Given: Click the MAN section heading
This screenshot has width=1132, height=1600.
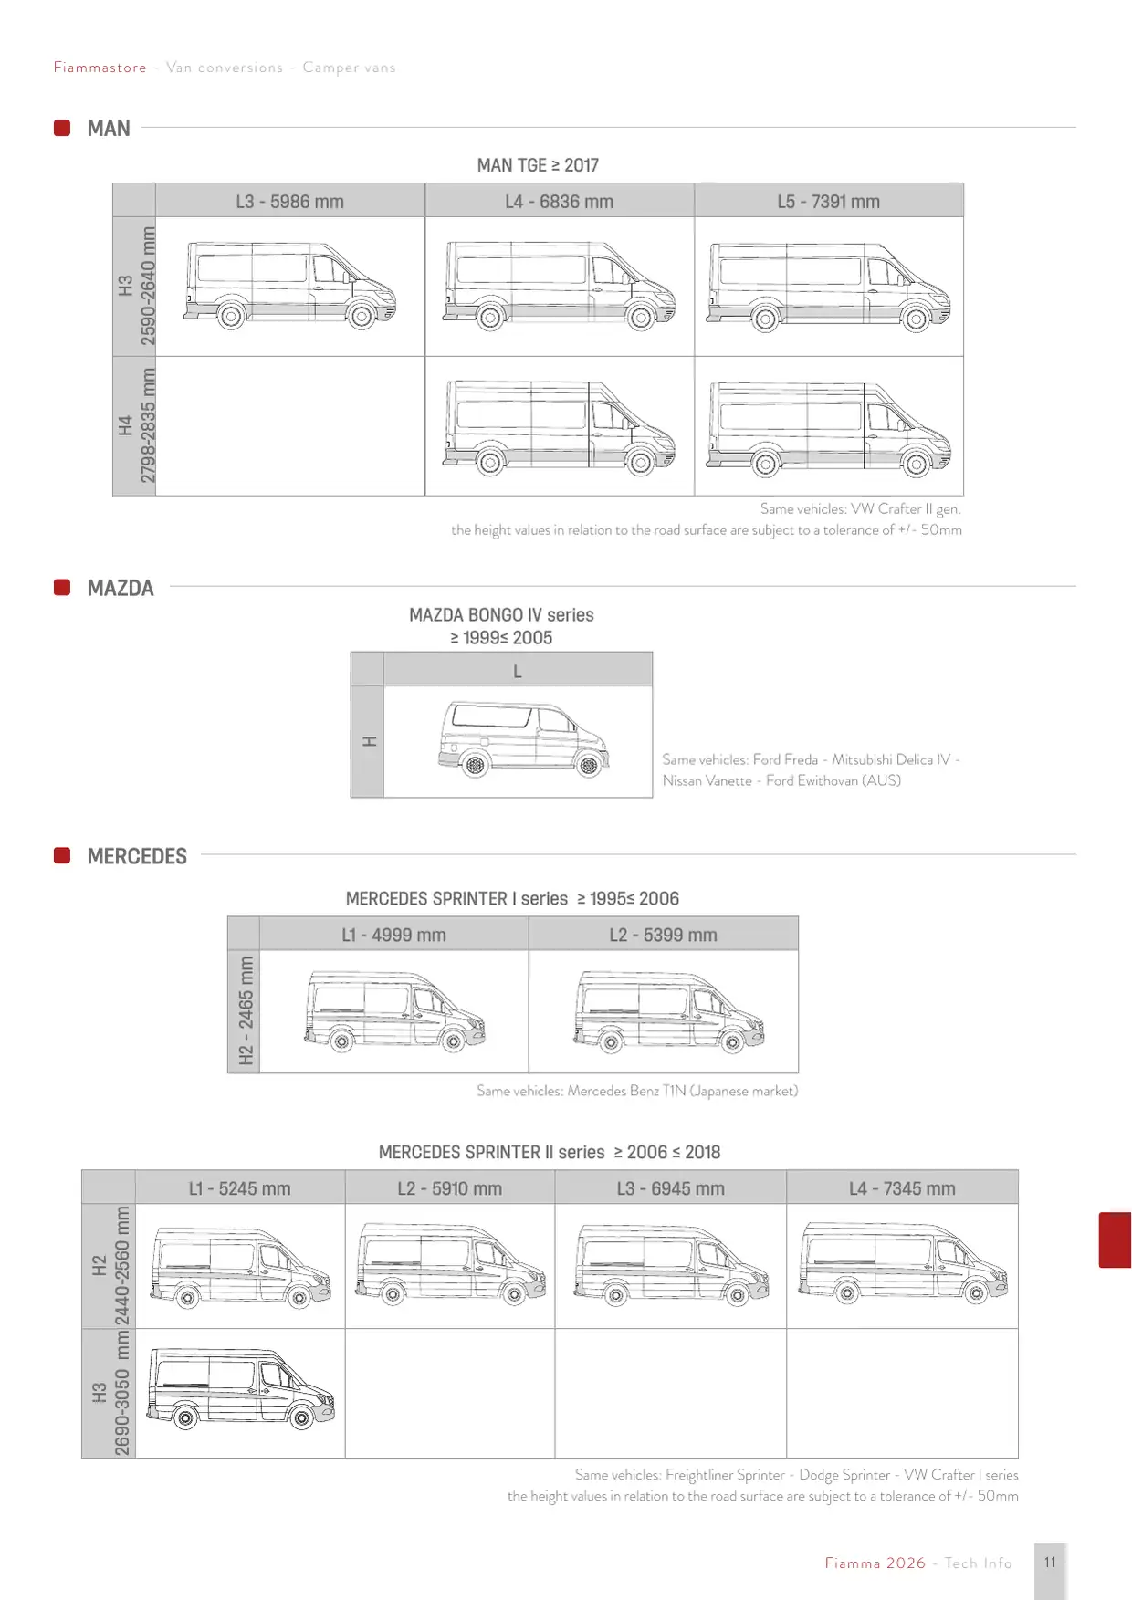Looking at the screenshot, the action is click(109, 129).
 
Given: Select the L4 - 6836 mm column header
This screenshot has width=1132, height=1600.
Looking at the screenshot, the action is click(560, 201).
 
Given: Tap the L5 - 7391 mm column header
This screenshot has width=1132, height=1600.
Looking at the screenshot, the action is click(829, 201).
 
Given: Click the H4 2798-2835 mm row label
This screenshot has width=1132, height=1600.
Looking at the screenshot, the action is click(135, 425).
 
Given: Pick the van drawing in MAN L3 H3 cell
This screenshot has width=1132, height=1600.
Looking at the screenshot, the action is click(290, 284).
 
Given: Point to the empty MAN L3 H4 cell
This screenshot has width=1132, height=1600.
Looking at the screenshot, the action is click(290, 426).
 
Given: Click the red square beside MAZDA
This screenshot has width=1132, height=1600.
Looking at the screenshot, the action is click(62, 587).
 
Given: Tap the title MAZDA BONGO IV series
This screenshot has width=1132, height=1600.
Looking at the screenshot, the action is click(501, 614).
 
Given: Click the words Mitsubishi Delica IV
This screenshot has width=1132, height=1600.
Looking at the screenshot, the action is click(891, 759).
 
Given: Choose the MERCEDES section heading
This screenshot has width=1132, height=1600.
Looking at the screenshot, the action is click(137, 856).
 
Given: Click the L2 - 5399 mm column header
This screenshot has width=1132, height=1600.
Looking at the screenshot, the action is click(664, 935).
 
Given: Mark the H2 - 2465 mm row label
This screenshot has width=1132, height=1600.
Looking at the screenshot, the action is click(245, 1011).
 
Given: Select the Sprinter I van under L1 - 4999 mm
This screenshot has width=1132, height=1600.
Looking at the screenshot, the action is click(394, 1011).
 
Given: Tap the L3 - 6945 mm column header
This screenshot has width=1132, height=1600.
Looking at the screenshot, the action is click(671, 1188).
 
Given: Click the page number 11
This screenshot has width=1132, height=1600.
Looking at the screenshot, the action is click(1050, 1563).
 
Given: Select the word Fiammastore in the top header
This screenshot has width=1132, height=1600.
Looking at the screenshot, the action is click(100, 68).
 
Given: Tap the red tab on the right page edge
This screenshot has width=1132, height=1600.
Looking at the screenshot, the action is click(1115, 1239).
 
